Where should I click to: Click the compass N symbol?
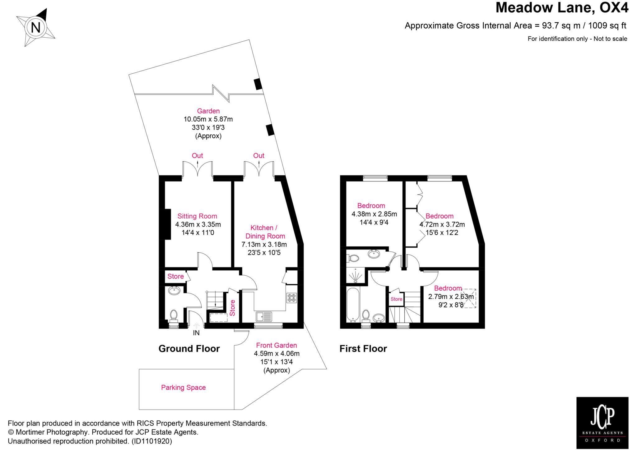[36, 28]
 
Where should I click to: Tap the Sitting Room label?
[197, 216]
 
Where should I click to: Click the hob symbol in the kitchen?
[292, 298]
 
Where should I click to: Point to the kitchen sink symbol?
[263, 317]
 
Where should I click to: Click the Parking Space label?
[183, 388]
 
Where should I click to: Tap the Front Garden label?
[276, 345]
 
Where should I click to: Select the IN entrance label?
[196, 333]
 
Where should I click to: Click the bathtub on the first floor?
[353, 305]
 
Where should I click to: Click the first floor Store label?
[396, 299]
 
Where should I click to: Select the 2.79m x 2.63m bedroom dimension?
[451, 297]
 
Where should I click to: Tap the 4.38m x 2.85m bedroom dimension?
[374, 214]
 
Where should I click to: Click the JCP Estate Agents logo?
[602, 423]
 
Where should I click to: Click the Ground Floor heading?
[189, 349]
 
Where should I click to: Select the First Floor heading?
[363, 349]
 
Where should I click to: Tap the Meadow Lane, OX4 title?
[562, 8]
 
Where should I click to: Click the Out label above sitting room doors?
[197, 155]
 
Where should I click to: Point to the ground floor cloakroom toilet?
[173, 315]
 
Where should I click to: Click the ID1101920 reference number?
[151, 441]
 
